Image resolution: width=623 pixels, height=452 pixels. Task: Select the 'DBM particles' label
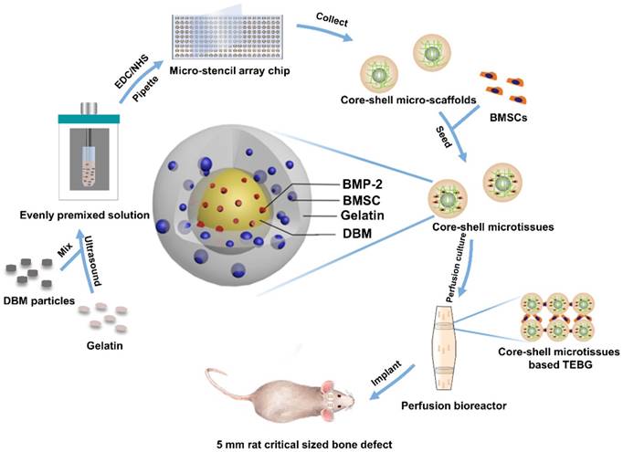42,301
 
